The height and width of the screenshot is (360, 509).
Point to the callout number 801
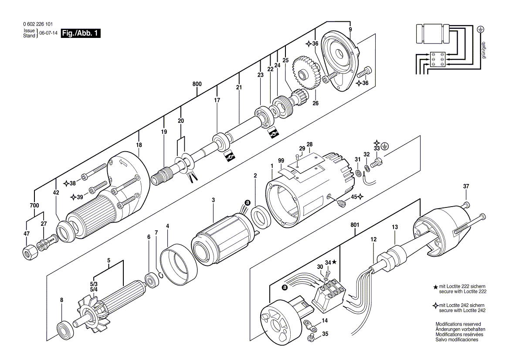pos(355,225)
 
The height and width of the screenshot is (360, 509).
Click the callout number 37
pos(466,187)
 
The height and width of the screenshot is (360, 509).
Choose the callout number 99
pos(281,161)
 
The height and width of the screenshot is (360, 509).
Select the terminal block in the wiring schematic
pos(437,59)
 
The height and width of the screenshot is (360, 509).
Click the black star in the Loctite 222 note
pos(435,287)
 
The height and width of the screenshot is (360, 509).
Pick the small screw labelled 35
pos(311,337)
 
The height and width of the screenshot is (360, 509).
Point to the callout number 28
pos(309,144)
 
